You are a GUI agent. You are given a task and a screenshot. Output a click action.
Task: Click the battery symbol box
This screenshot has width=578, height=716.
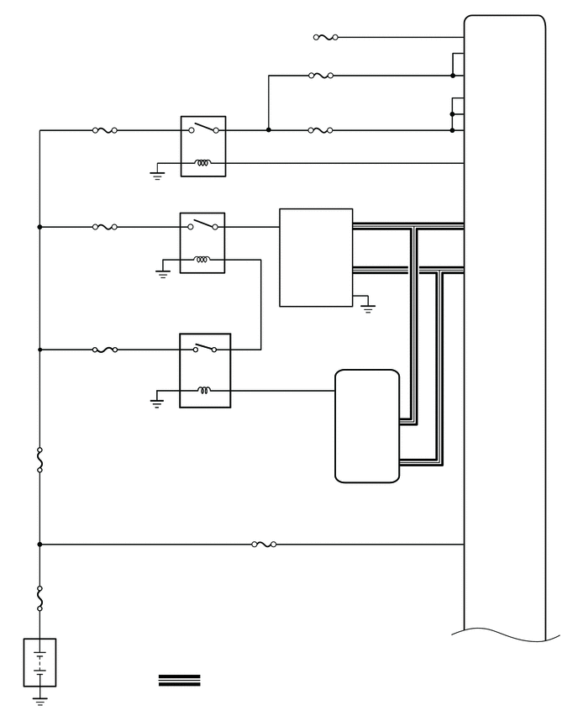tap(40, 662)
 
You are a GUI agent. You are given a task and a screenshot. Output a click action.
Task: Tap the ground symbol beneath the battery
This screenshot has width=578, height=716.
tap(40, 698)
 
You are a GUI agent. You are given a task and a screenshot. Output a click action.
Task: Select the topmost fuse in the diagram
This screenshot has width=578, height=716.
tap(325, 37)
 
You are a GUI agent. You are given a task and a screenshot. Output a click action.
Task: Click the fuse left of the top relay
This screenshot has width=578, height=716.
tap(104, 130)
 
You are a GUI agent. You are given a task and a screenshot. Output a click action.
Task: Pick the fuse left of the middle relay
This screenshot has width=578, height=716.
tap(104, 227)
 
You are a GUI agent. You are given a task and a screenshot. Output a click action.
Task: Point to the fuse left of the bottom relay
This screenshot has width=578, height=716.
tap(104, 349)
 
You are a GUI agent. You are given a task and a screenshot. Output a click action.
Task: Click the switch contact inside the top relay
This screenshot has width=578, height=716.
tap(205, 129)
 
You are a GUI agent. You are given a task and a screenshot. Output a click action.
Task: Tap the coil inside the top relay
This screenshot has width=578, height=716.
tap(202, 162)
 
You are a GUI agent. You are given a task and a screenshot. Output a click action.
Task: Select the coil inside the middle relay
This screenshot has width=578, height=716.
tap(202, 259)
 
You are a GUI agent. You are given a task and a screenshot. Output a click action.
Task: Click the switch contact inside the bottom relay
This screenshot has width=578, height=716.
tap(204, 347)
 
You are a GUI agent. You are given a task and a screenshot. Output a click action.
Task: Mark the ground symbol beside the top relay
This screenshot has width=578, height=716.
tap(156, 175)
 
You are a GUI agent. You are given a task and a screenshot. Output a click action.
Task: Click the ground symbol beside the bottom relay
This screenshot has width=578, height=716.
tap(156, 403)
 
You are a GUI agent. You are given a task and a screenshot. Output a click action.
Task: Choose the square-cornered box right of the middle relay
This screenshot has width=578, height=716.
tap(316, 257)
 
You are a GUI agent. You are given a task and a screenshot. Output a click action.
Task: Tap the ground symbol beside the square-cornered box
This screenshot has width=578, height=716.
tap(367, 308)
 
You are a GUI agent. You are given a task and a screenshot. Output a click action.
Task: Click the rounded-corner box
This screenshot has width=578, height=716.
tap(367, 426)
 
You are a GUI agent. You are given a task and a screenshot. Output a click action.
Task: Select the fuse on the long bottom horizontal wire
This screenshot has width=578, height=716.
tap(264, 545)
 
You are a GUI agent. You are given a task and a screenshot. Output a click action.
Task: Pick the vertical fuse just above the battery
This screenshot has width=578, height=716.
tap(40, 598)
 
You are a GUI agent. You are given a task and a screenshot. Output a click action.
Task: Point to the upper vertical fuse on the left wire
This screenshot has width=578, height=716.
tap(40, 461)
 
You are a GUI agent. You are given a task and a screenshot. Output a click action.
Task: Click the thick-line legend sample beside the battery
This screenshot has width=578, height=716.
tap(180, 681)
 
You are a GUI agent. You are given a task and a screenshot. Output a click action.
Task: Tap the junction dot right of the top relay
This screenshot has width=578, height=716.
tap(268, 130)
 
